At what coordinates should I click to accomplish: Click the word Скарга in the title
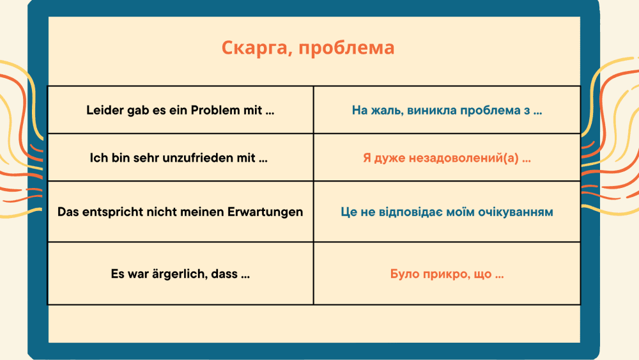click(x=255, y=48)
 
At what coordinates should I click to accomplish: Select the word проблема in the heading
click(x=346, y=48)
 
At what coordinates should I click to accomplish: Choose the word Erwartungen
click(x=265, y=212)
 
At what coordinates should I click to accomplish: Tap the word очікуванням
click(x=516, y=212)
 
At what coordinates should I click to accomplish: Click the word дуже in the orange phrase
click(x=390, y=158)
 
